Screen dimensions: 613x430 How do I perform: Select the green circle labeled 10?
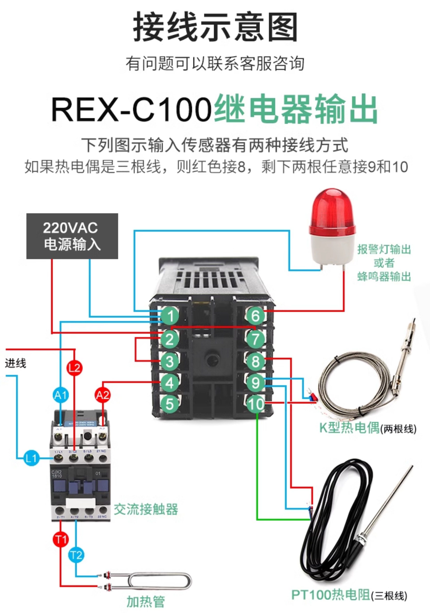tap(256, 404)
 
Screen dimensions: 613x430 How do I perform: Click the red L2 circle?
tap(75, 368)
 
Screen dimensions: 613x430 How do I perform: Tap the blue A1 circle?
tap(61, 395)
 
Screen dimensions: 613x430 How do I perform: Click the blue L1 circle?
tap(31, 458)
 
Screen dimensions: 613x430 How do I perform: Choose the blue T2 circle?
tap(76, 555)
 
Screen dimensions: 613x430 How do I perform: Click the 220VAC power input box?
tap(72, 236)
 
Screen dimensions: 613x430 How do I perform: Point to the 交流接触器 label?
tap(146, 509)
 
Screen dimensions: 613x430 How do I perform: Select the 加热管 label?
tap(146, 602)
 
